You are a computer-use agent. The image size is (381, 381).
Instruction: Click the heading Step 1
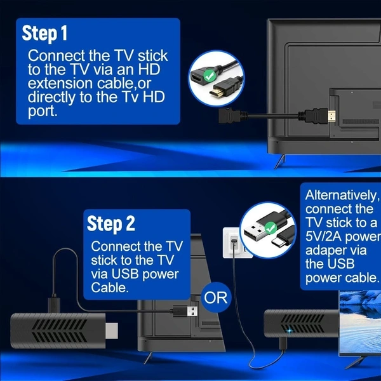44,33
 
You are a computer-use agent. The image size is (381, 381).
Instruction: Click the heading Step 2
110,224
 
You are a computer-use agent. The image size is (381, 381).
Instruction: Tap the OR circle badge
215,297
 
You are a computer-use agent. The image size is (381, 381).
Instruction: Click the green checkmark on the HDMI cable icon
209,76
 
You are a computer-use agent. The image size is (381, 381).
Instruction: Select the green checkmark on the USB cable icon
271,228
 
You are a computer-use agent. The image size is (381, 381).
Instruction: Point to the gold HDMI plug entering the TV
331,116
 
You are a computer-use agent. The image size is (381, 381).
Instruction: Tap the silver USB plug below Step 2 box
192,311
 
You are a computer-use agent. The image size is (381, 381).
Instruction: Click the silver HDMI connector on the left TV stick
112,331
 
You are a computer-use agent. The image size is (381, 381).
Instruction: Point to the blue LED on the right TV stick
290,331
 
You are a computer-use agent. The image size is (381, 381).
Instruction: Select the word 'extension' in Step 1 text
60,83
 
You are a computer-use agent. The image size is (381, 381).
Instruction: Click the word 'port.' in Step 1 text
43,112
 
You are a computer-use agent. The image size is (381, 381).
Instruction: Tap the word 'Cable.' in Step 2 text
110,288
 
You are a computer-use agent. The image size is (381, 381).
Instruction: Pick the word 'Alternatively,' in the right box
342,195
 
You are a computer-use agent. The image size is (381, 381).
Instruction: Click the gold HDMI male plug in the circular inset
217,92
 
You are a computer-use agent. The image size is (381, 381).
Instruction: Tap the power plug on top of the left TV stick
54,304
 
